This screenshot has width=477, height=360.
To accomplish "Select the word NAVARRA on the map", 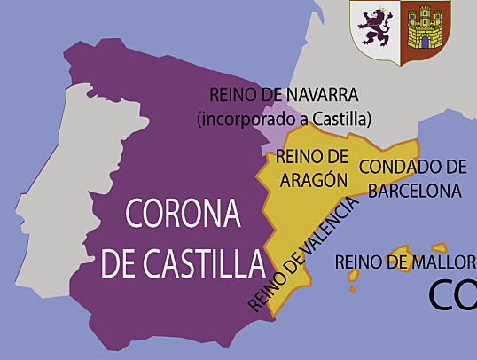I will (324, 95).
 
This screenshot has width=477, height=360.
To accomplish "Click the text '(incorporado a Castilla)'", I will (284, 118).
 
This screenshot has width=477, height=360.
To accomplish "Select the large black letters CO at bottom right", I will (452, 296).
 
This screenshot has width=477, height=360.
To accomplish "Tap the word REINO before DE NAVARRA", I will (232, 95).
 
